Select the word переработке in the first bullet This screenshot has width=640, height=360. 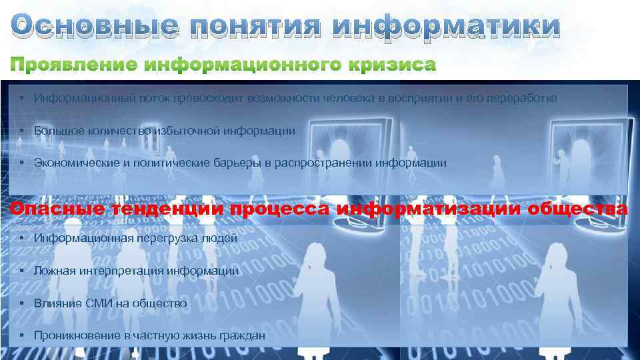point(523,98)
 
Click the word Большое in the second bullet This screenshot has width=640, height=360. point(55,131)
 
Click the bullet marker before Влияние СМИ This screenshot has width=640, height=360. point(23,303)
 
